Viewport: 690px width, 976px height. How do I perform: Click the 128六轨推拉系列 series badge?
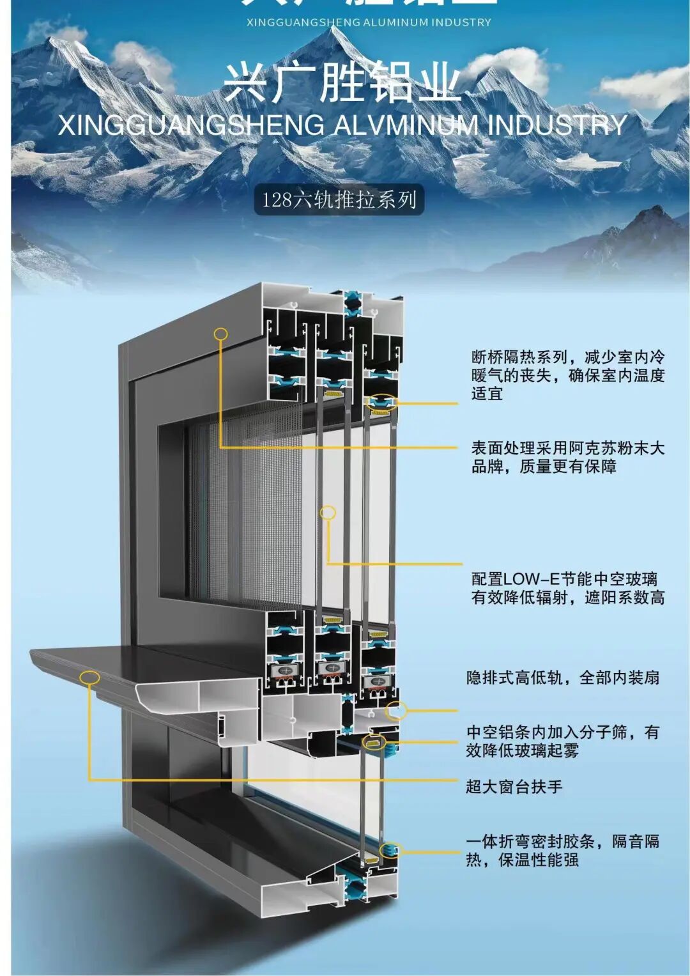[339, 200]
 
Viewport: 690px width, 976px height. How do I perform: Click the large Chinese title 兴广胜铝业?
[342, 84]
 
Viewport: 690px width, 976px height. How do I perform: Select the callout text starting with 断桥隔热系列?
[568, 375]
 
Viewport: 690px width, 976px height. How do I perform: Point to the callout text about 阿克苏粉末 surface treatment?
[568, 457]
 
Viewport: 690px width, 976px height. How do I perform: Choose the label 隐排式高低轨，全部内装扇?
[562, 678]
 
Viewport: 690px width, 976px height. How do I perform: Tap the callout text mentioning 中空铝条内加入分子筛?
[562, 741]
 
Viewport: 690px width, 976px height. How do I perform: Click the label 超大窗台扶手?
[514, 787]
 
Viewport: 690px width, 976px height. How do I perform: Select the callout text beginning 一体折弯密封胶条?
[562, 850]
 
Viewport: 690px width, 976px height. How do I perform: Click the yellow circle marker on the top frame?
[221, 334]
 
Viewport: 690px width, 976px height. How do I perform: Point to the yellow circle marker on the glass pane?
[328, 512]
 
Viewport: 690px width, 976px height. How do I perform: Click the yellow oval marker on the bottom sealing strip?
[388, 850]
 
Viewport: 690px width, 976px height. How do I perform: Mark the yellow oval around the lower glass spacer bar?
[374, 742]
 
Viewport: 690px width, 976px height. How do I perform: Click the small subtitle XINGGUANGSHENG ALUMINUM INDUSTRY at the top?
[369, 22]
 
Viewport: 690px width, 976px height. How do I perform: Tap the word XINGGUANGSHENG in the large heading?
[192, 125]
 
